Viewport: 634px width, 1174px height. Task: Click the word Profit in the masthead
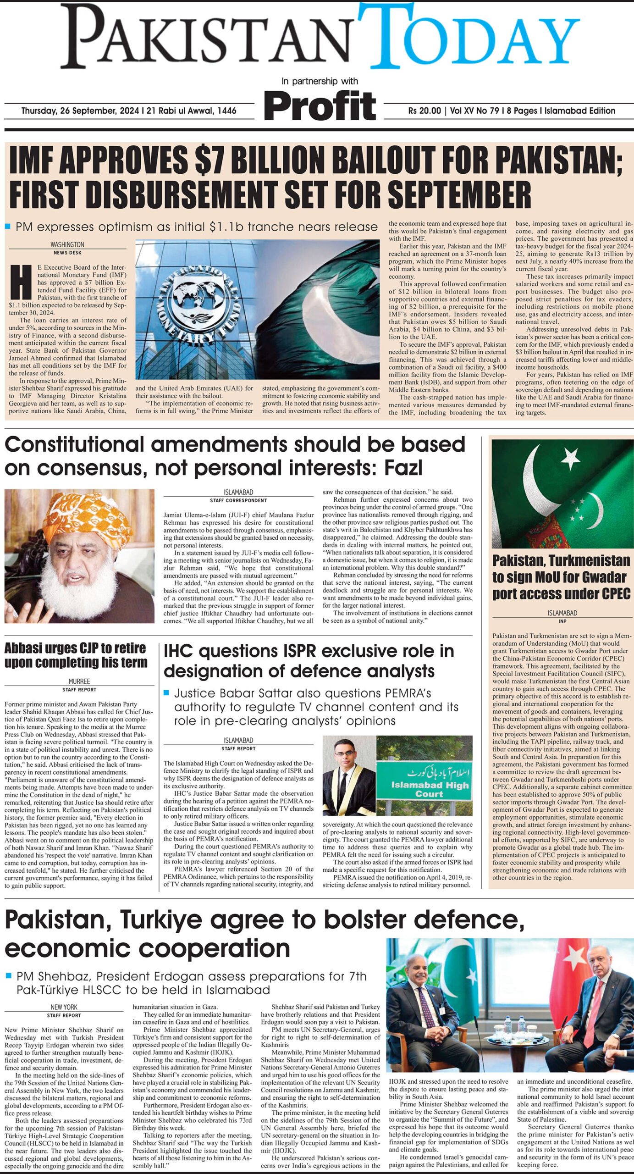[x=320, y=106]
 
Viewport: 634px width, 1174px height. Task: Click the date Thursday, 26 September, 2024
[x=81, y=111]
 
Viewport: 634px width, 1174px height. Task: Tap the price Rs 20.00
[x=424, y=111]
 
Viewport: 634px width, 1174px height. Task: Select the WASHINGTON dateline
[x=67, y=244]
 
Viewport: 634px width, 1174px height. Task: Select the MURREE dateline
[x=79, y=681]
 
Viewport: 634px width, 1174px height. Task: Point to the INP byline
[x=562, y=621]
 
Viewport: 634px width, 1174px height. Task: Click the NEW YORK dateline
[x=64, y=1007]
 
